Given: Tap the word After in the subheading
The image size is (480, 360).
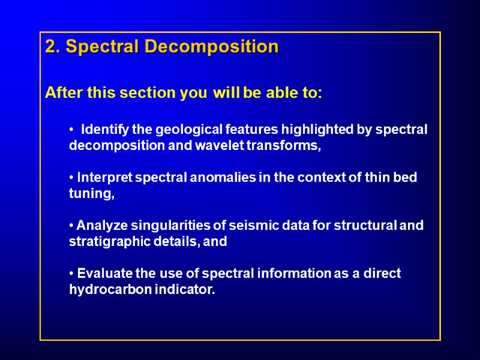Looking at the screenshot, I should click(x=64, y=94).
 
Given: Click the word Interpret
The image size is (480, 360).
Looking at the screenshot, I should click(x=106, y=178).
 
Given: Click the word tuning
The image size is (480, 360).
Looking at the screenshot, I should click(x=91, y=194).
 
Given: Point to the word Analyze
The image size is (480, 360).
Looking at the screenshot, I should click(x=100, y=226).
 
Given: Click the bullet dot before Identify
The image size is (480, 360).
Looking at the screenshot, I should click(x=71, y=130).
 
